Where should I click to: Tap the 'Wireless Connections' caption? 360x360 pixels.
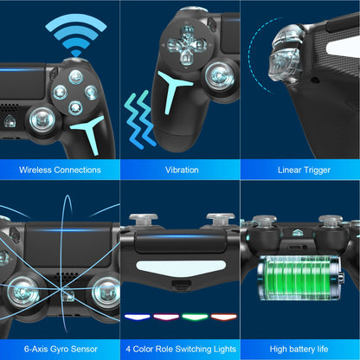[59, 170]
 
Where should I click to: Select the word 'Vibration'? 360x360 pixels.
[181, 170]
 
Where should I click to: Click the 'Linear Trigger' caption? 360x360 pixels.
[303, 170]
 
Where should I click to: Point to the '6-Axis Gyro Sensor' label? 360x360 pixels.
[59, 349]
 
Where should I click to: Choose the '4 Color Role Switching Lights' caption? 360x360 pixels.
[181, 349]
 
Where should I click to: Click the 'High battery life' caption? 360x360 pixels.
[303, 349]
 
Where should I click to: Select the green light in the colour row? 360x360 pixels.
[196, 316]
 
